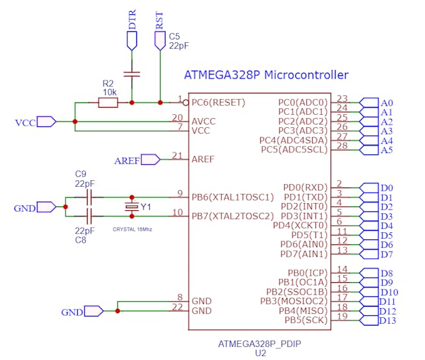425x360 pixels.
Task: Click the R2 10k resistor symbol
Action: [108, 102]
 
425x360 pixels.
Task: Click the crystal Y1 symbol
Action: [132, 206]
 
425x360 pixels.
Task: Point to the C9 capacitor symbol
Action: [90, 197]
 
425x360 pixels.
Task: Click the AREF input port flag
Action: [150, 159]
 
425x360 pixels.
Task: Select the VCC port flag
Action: [46, 121]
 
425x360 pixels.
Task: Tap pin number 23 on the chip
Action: [343, 99]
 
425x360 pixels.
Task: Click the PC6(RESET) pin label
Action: [217, 102]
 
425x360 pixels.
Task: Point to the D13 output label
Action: [387, 320]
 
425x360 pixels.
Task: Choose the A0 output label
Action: [387, 102]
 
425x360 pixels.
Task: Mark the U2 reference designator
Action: [260, 354]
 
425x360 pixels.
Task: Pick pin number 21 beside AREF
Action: [177, 155]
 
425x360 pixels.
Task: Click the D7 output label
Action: [386, 254]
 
